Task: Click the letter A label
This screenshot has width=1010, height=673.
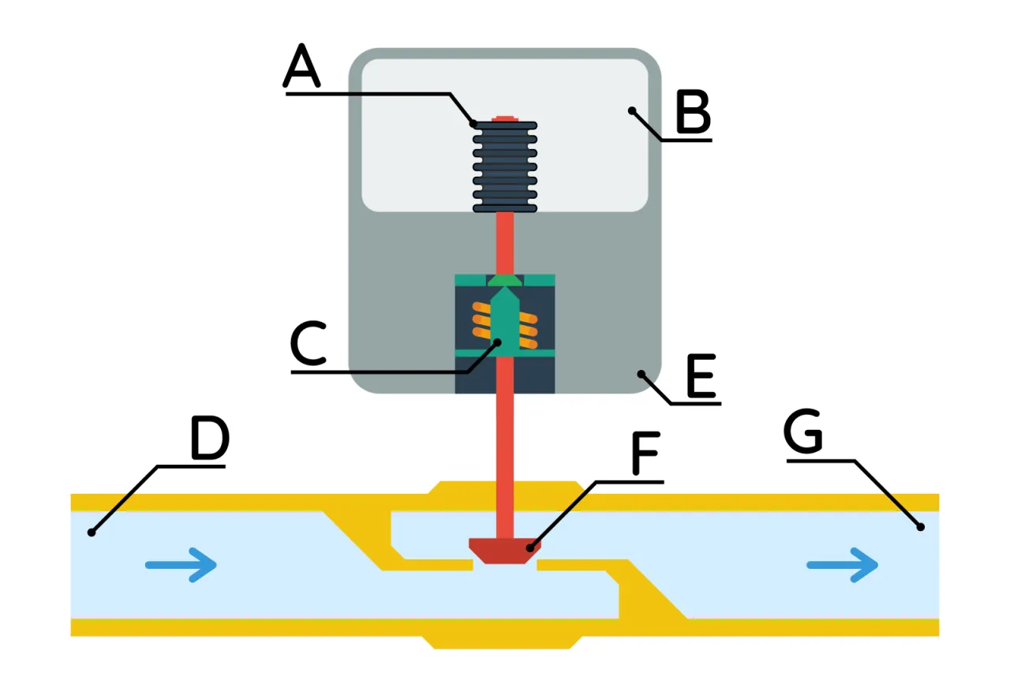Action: (x=302, y=66)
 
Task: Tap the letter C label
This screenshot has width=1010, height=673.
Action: (x=308, y=346)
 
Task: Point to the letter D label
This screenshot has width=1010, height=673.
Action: (x=209, y=439)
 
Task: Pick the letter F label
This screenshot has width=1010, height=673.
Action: (x=645, y=454)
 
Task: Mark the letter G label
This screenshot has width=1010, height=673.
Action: (x=803, y=432)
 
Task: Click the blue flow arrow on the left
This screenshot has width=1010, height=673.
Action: (x=181, y=565)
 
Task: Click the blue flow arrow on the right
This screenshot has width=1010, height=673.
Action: (x=842, y=565)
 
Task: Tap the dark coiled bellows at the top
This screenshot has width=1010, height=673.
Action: (x=505, y=166)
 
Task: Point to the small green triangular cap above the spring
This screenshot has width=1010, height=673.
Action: (x=504, y=281)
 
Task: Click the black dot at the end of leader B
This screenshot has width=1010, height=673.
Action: (x=631, y=111)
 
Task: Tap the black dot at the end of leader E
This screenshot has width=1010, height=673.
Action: (x=641, y=374)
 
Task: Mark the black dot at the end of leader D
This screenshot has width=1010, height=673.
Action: (x=92, y=533)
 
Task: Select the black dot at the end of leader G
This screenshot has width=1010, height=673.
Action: (x=919, y=526)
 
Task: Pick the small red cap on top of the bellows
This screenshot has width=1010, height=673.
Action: (x=504, y=118)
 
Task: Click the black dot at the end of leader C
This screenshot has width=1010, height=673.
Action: (x=497, y=342)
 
